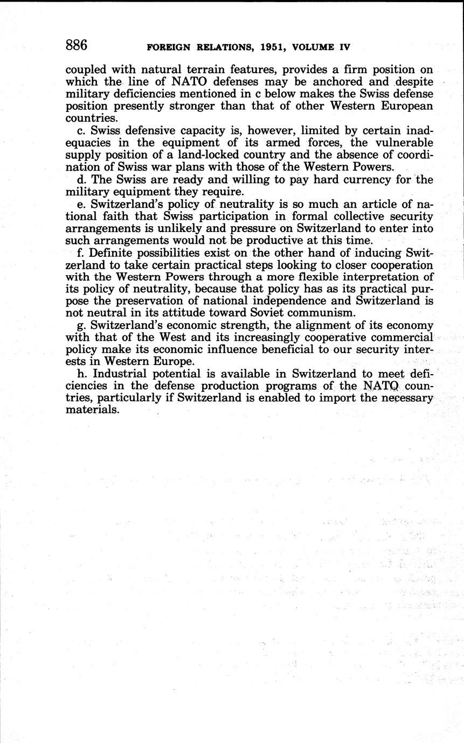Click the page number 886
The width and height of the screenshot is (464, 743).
click(76, 45)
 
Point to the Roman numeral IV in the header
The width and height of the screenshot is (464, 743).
click(342, 47)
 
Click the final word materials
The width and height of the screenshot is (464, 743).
click(92, 410)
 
